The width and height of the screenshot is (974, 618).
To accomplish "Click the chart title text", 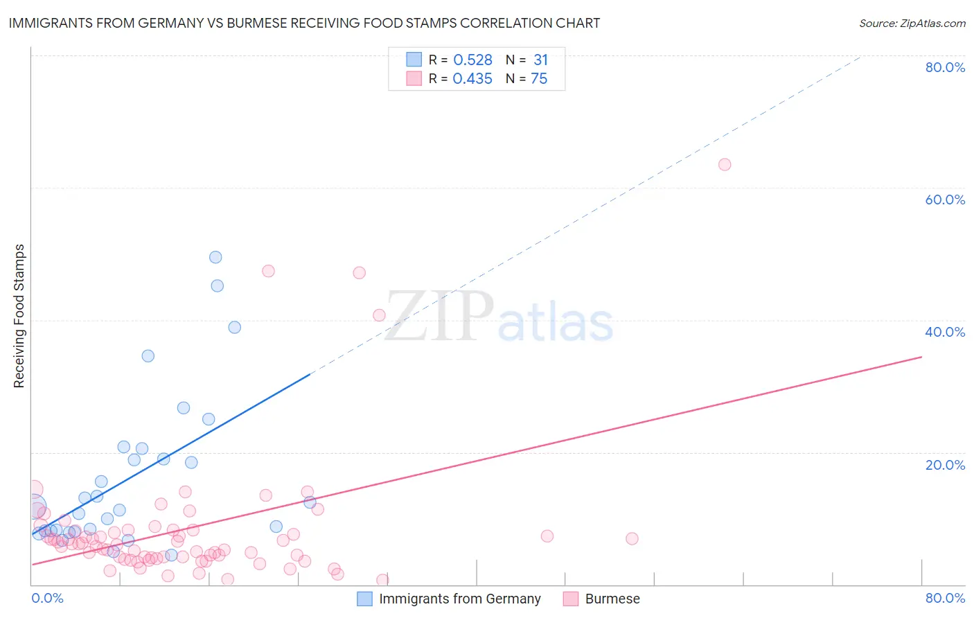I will [x=304, y=23].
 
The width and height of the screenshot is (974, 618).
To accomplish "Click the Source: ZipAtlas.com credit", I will [x=912, y=23].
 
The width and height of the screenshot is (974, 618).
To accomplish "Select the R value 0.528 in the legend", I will [x=472, y=60].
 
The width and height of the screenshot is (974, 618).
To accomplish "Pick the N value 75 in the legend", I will [x=539, y=78].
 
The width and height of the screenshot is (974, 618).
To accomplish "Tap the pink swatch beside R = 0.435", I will [x=414, y=78].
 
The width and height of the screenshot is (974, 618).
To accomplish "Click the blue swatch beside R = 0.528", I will [x=414, y=60].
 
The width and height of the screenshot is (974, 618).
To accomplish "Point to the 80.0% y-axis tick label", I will [x=945, y=67].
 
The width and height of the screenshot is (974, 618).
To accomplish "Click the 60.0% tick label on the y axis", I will [x=945, y=200].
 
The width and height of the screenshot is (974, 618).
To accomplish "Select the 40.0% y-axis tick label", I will [x=945, y=332].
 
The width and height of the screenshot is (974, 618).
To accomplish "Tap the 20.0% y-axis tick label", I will [x=945, y=464].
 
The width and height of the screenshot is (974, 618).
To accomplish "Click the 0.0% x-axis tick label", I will [x=47, y=598].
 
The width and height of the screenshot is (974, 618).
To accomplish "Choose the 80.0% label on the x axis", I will [x=945, y=598].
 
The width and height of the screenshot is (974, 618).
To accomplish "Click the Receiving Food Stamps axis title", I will [x=19, y=316].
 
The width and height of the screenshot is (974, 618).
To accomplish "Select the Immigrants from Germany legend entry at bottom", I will [x=459, y=599].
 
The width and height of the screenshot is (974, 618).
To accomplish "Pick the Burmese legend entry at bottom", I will [x=612, y=599].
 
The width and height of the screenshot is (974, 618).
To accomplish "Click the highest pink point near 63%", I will [x=725, y=164].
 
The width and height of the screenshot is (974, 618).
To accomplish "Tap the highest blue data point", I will [x=215, y=257].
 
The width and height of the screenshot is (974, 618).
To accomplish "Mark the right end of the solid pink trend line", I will [x=921, y=357].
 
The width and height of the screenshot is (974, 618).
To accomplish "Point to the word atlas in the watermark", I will [x=556, y=324].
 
